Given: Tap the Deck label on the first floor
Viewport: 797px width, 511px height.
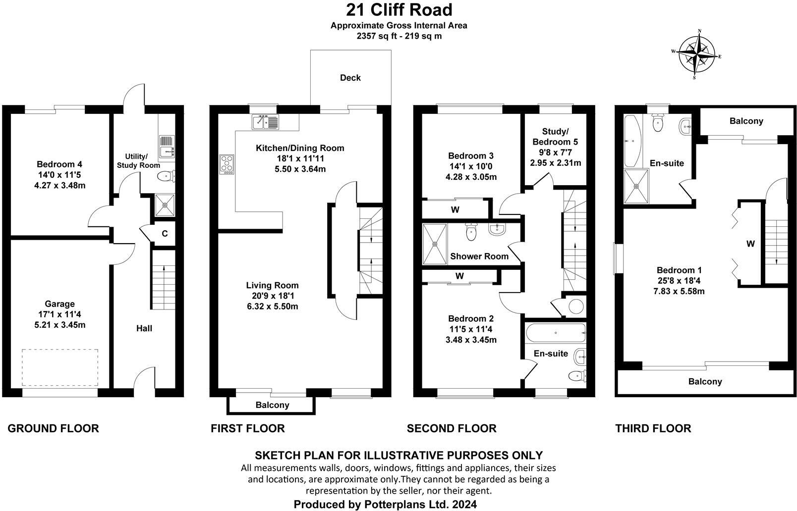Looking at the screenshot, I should (350, 78).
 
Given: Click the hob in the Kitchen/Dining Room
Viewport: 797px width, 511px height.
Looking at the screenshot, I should (227, 164).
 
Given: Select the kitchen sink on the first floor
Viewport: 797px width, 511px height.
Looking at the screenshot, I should (266, 121).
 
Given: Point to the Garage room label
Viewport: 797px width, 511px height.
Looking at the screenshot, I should (59, 304).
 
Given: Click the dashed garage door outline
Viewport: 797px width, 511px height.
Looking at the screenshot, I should (59, 367).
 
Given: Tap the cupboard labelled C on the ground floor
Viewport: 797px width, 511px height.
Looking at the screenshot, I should (165, 233).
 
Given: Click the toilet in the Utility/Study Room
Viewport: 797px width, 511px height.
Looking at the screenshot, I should (164, 176).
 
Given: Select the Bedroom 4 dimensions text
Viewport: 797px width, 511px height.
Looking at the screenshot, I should (59, 180).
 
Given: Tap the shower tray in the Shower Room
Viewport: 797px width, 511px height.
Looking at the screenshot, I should (435, 244).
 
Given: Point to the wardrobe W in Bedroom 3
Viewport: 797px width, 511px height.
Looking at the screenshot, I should (455, 209).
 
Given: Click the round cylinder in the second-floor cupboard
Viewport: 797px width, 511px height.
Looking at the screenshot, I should (575, 306).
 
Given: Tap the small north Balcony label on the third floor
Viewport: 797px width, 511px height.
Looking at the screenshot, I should (746, 121).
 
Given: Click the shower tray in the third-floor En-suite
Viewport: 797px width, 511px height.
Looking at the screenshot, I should (636, 186).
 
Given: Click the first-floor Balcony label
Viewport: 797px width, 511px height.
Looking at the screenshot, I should (272, 405).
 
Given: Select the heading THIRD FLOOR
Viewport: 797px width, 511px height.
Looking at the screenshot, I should (653, 428).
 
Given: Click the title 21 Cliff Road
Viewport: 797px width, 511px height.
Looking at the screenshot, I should (398, 10).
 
